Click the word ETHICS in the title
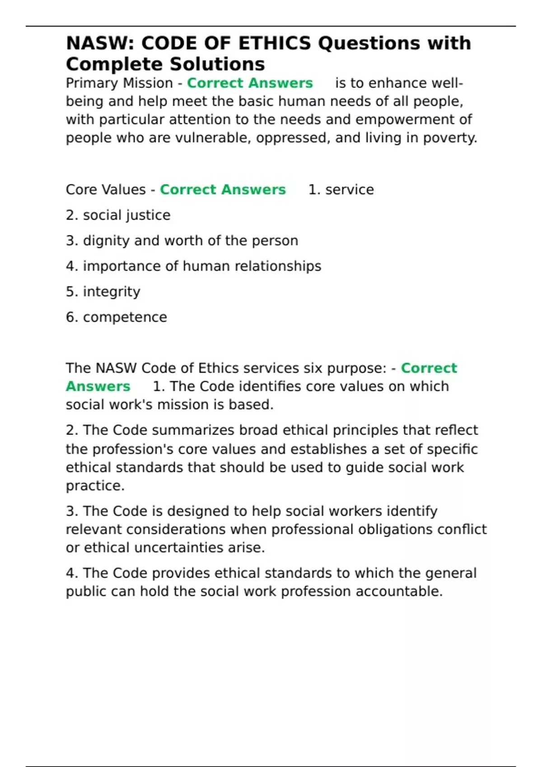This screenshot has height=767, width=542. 274,43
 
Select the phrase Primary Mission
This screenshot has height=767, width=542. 119,83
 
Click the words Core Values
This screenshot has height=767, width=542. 106,189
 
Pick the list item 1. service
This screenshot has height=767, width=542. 341,189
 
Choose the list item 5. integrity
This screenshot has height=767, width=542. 103,291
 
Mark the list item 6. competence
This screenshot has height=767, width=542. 117,317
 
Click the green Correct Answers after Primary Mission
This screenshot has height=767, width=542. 250,83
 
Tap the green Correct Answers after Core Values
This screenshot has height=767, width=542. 223,189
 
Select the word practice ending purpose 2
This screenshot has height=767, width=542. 94,486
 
